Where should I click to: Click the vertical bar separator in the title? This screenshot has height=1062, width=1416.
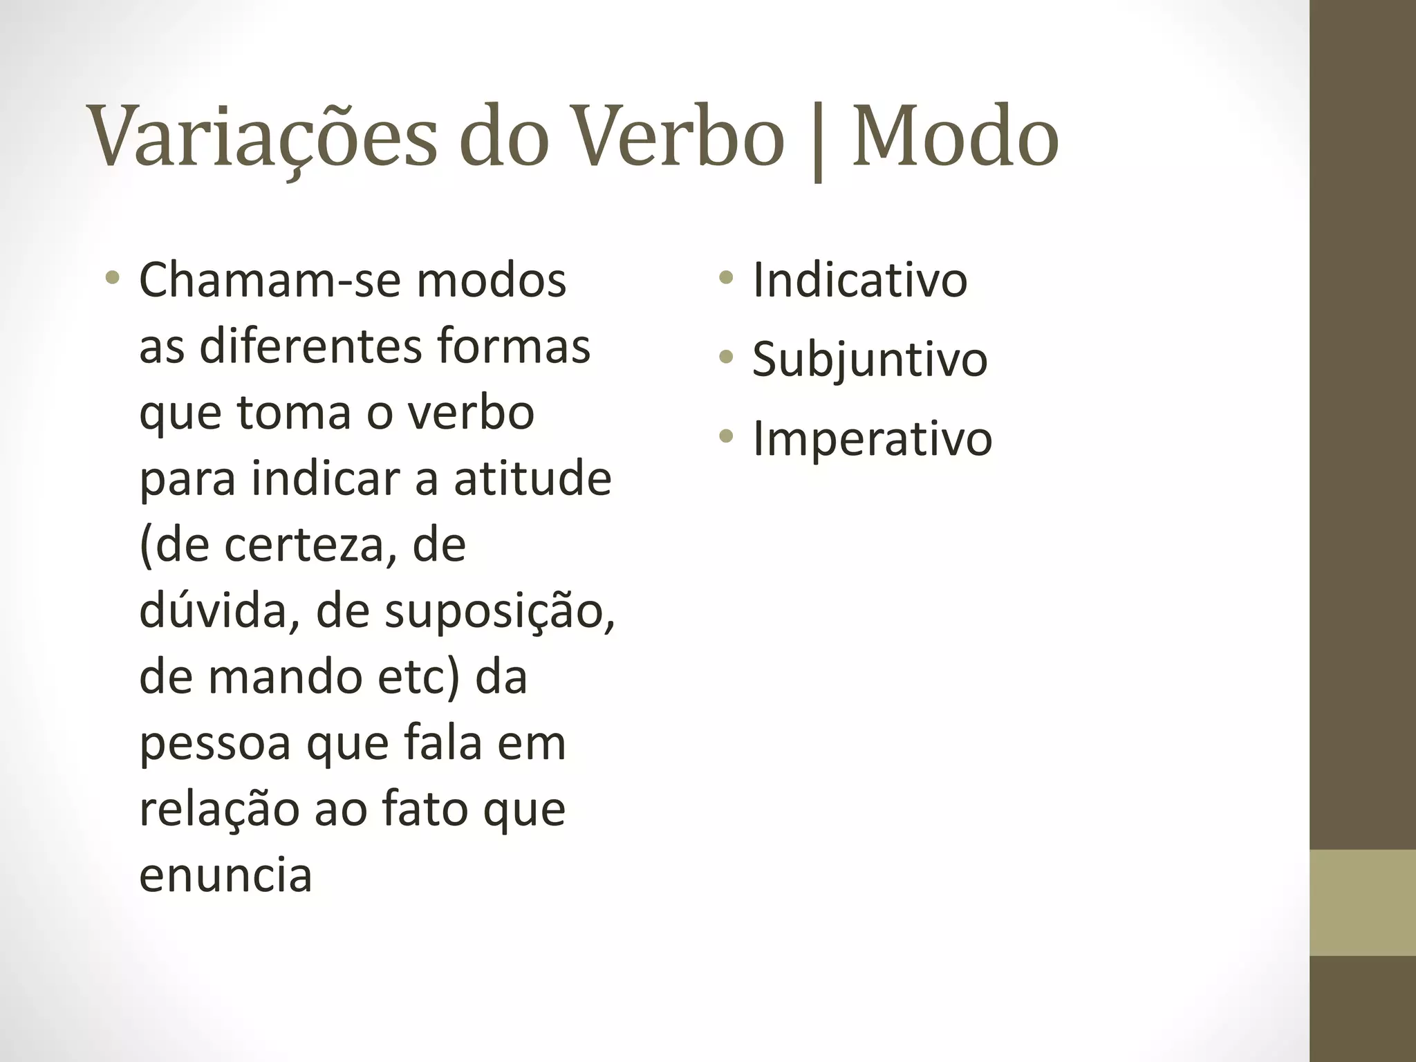coord(819,142)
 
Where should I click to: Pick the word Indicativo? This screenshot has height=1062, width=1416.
coord(859,280)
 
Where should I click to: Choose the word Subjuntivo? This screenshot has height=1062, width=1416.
coord(870,360)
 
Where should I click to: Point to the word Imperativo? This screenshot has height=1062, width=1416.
coord(872,438)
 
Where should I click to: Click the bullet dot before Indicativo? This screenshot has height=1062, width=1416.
coord(725,279)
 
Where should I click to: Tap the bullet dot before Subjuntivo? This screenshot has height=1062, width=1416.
coord(725,357)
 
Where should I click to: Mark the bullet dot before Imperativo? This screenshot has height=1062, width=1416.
coord(725,436)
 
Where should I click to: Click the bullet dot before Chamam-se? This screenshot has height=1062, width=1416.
coord(112,279)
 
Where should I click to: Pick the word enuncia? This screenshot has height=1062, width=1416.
coord(225,875)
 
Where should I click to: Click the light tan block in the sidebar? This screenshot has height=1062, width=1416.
coord(1363,902)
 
